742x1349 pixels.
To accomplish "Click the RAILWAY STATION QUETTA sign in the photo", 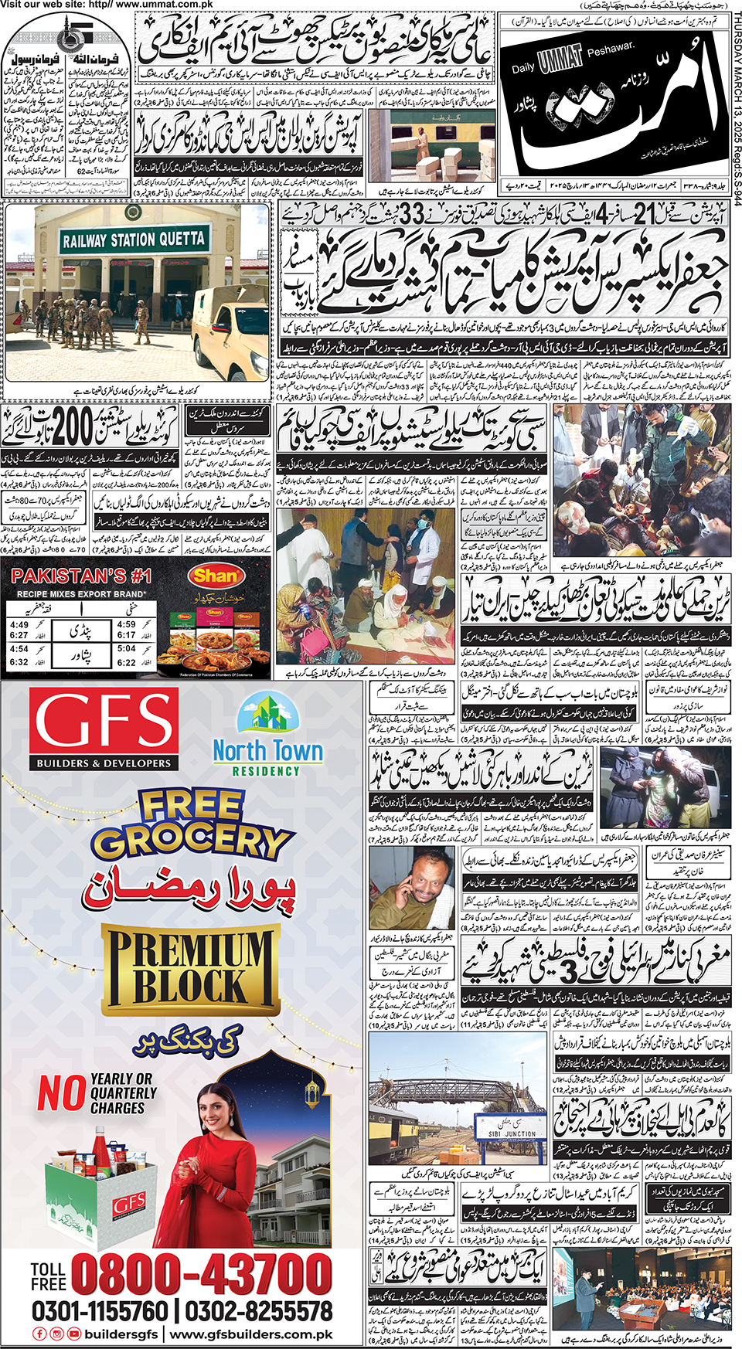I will [x=134, y=240].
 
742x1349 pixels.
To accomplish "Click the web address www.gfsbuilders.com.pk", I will [x=251, y=1334].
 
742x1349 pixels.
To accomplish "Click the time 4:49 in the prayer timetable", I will [x=19, y=624].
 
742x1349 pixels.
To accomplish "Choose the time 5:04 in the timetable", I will [x=127, y=648].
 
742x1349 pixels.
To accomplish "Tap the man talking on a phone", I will [x=413, y=889].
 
